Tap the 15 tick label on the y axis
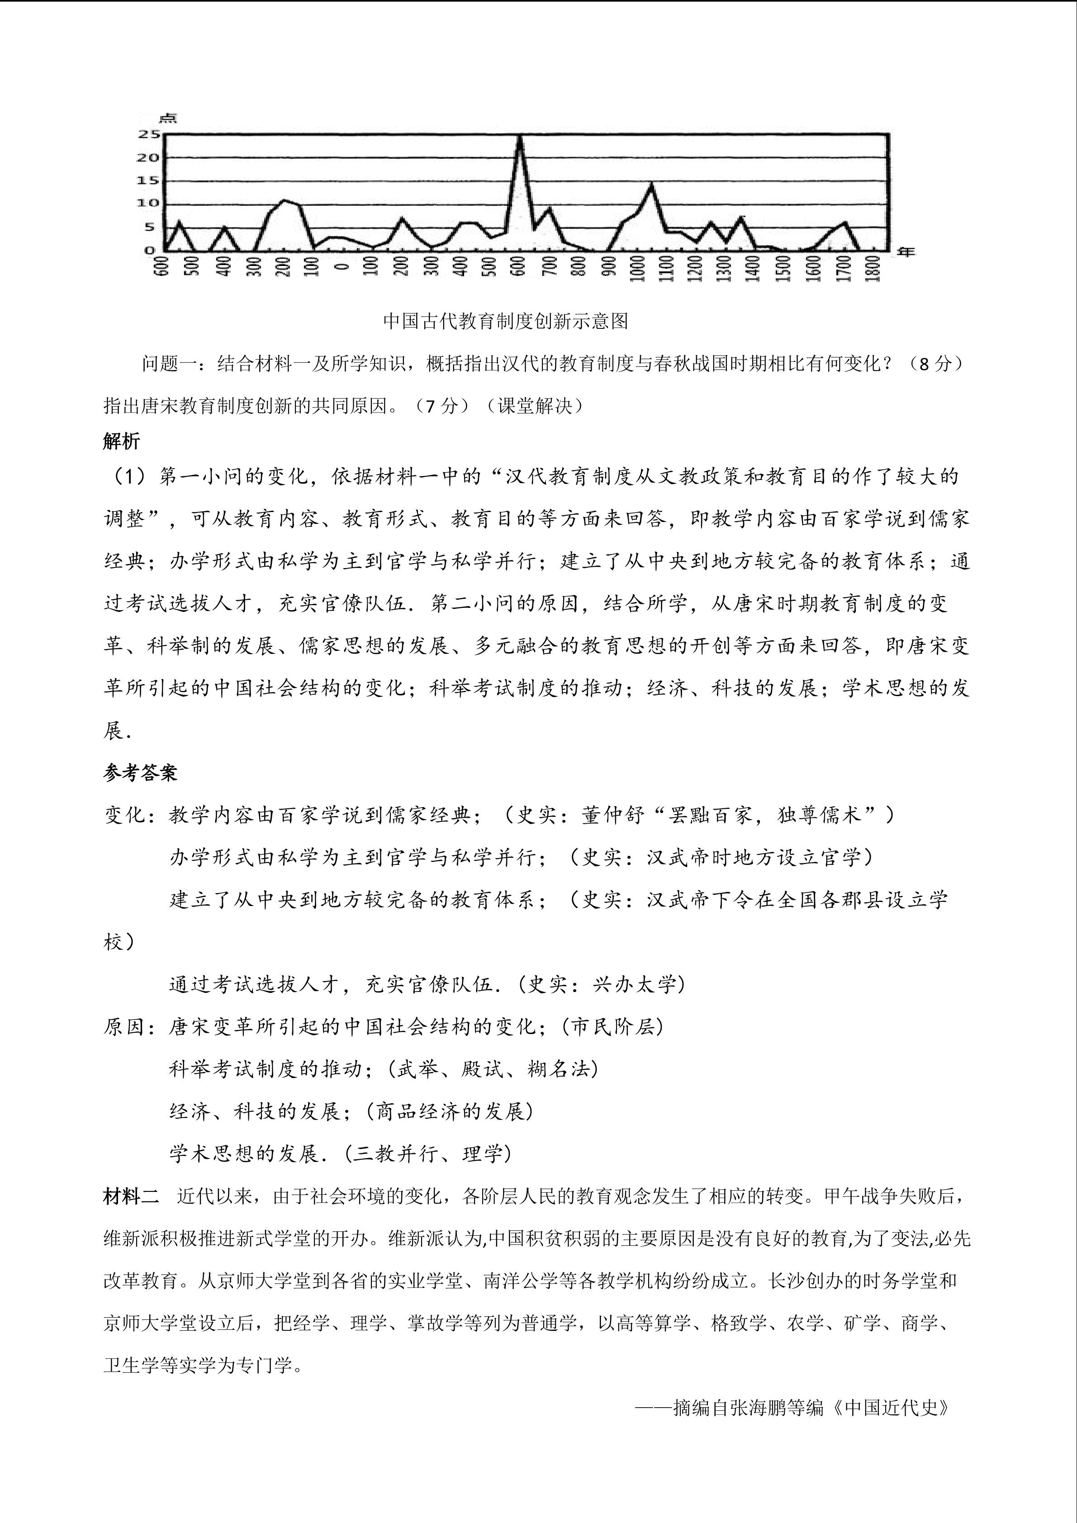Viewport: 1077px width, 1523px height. tap(148, 180)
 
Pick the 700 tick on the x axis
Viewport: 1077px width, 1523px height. tap(548, 267)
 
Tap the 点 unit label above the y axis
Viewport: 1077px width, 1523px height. tap(168, 118)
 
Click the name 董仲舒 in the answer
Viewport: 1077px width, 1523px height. tap(613, 815)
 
